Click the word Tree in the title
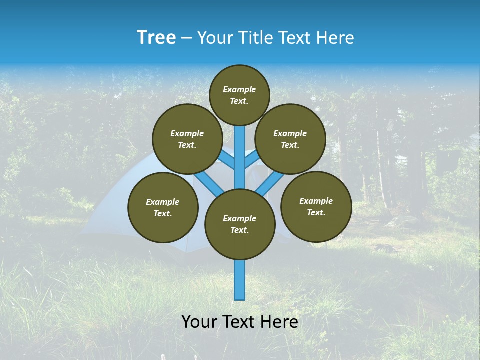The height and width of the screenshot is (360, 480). [x=156, y=38]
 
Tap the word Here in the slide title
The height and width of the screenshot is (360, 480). [x=336, y=38]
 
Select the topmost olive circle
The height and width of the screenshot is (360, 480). [x=239, y=95]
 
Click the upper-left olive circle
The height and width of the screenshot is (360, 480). [x=187, y=139]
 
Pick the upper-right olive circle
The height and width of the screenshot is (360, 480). [x=290, y=139]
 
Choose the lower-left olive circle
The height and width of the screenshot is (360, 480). [x=163, y=207]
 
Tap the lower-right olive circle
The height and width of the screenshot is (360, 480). [x=316, y=206]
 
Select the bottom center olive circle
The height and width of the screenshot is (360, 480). [x=240, y=224]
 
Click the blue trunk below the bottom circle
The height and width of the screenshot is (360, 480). [x=240, y=280]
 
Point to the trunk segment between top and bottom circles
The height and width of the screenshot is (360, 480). [x=240, y=157]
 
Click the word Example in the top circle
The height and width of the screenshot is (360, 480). [x=239, y=89]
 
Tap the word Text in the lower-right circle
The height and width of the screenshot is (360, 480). [x=316, y=212]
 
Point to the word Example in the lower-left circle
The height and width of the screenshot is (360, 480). [x=162, y=202]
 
